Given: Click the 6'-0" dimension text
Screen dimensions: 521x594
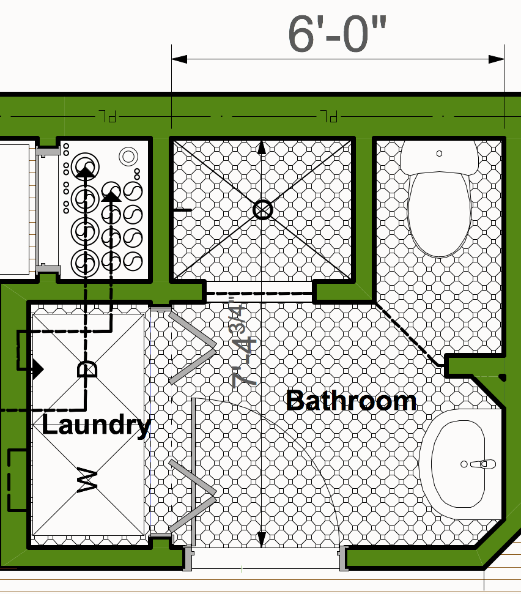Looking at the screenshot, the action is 337,34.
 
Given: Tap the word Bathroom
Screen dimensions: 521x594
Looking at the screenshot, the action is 351,401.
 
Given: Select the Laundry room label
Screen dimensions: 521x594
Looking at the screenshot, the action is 97,426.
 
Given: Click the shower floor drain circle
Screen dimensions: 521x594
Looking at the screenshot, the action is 262,210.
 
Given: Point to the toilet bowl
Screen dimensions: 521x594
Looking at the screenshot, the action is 440,214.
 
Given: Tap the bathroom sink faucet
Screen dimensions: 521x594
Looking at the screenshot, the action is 482,464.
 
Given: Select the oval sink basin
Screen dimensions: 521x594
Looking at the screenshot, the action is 458,464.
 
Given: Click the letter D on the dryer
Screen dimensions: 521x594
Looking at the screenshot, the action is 87,369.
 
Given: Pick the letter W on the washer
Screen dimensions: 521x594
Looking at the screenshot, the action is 87,480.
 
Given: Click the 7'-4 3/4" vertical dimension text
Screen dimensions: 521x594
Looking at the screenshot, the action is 243,345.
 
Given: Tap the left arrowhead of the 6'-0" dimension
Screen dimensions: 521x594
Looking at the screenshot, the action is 179,59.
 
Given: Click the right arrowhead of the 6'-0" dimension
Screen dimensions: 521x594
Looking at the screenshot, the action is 497,59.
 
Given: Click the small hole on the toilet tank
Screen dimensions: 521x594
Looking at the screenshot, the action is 439,154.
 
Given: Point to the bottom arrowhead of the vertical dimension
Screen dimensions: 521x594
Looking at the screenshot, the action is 262,539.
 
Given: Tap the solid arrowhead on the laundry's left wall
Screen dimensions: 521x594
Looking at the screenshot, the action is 38,369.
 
